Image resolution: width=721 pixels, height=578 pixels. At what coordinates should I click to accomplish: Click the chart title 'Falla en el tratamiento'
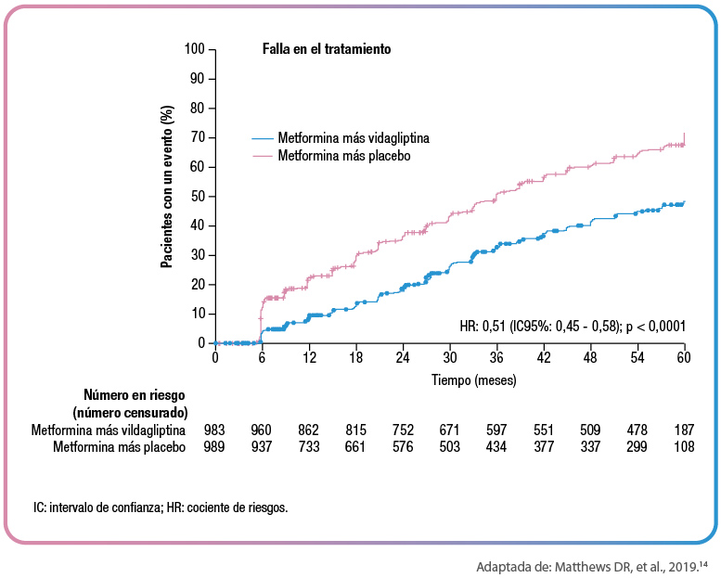click(x=326, y=48)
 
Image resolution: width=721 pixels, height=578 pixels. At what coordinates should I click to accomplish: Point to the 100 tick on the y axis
click(x=194, y=48)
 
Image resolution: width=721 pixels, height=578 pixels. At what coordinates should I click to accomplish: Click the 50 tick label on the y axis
click(x=197, y=196)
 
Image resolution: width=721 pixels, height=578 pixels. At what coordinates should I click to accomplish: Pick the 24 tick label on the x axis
click(x=403, y=358)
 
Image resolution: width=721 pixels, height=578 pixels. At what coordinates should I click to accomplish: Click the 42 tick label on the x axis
click(x=544, y=358)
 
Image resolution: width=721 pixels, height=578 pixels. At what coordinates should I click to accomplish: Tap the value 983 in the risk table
click(x=215, y=430)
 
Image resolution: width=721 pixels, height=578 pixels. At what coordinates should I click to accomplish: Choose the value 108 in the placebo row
click(x=684, y=447)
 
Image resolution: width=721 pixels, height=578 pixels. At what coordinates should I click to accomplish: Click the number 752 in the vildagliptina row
click(x=403, y=430)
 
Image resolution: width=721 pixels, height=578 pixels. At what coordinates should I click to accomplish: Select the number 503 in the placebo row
click(x=450, y=447)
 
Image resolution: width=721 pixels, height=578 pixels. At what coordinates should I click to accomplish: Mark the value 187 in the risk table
click(x=684, y=430)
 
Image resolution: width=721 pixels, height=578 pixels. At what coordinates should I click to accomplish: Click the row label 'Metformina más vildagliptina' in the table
click(x=109, y=430)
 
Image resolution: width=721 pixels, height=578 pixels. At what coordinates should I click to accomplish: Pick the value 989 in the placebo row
click(x=215, y=447)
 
